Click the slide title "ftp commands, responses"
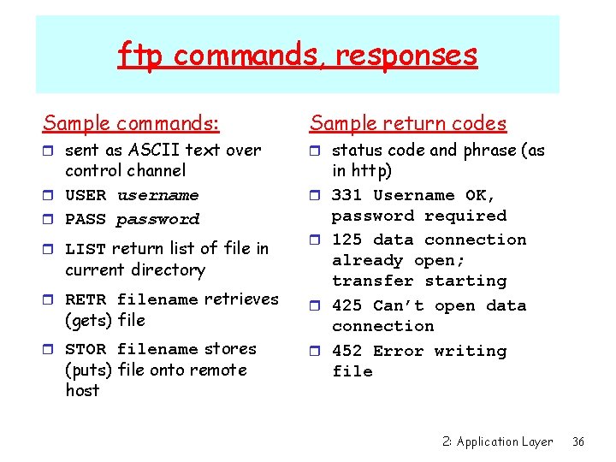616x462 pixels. tap(297, 56)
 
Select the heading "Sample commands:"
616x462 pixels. tap(131, 123)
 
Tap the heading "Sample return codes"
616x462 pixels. tap(407, 123)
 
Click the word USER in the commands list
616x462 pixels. tap(86, 196)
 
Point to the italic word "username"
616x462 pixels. tap(157, 196)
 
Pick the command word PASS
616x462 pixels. tap(86, 220)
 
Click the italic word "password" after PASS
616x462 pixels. tap(157, 220)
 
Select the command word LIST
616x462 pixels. tap(86, 249)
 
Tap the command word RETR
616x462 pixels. tap(86, 299)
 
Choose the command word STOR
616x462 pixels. tap(86, 349)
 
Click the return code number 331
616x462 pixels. tap(346, 196)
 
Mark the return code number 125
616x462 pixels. tap(346, 240)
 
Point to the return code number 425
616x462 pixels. tap(346, 306)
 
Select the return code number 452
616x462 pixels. tap(346, 351)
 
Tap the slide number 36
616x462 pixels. tap(578, 441)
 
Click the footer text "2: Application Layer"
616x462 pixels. tap(498, 441)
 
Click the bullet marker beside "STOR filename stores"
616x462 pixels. tap(50, 350)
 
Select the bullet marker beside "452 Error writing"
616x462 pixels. tap(317, 352)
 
